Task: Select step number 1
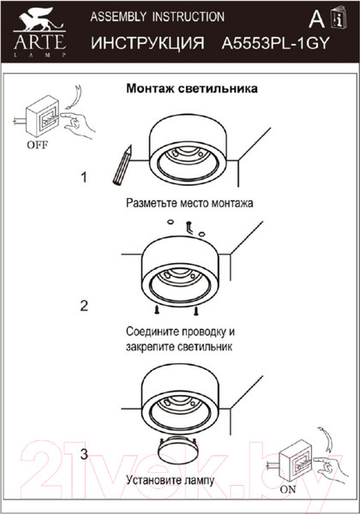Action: tap(84, 178)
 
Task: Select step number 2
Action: tap(84, 305)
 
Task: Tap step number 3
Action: tap(84, 454)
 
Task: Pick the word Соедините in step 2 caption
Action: tap(155, 331)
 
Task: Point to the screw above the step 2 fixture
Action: tap(186, 224)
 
